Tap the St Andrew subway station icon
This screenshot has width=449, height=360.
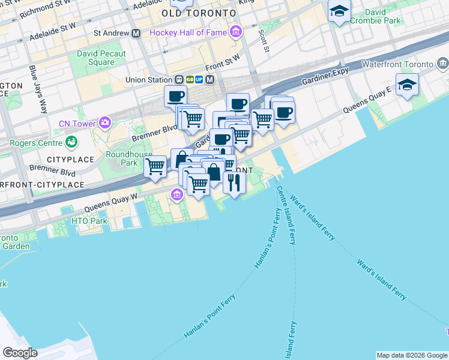click(136, 33)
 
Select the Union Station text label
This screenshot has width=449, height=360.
click(148, 79)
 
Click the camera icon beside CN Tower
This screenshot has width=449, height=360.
click(106, 123)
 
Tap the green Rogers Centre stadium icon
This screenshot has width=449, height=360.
click(71, 143)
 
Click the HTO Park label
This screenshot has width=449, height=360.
click(89, 221)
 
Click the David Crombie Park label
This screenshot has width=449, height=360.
click(382, 16)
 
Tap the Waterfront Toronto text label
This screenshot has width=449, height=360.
click(397, 64)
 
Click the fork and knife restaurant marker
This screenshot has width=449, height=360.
click(234, 182)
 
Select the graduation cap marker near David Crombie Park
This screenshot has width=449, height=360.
click(340, 11)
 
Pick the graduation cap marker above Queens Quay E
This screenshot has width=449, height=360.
click(407, 85)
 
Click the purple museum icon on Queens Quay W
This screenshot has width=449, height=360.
click(176, 195)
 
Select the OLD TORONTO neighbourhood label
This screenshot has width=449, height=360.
click(199, 13)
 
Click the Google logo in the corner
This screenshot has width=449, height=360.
click(20, 352)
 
